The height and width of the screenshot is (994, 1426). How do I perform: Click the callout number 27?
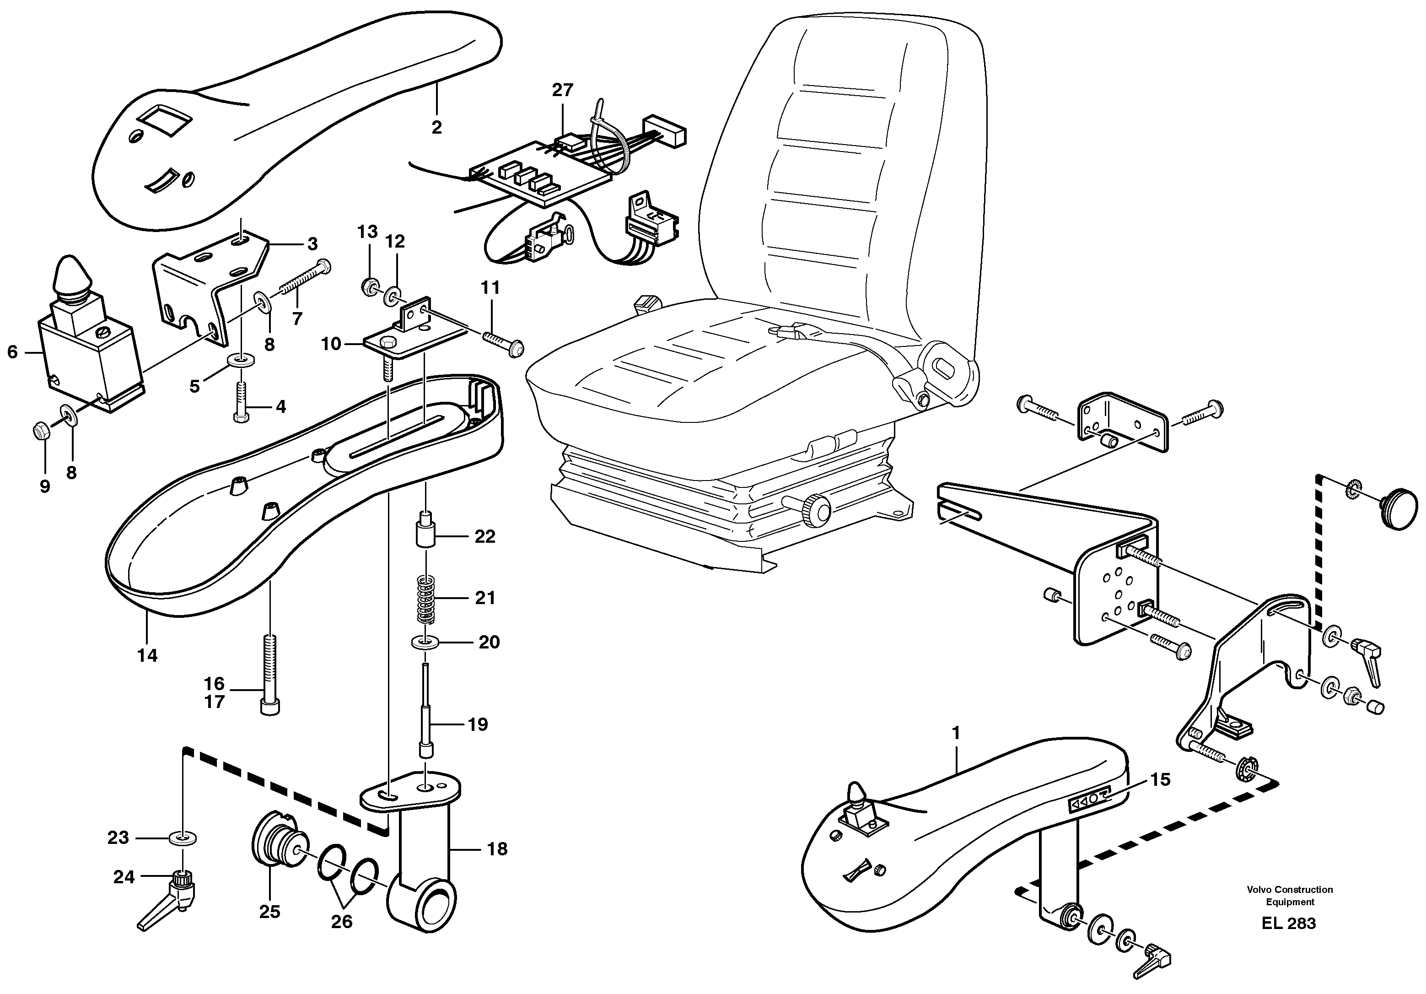562,91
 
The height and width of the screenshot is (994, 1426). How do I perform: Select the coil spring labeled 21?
425,598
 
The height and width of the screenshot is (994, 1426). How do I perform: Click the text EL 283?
1288,923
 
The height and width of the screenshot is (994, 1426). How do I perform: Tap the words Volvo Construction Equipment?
1289,895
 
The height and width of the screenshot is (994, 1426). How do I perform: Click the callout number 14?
147,655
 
